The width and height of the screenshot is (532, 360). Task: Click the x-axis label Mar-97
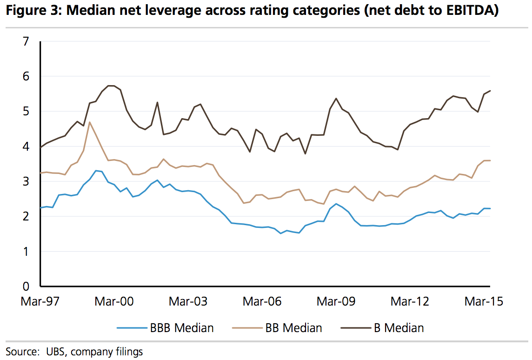click(x=40, y=301)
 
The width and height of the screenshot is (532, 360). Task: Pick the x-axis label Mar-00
click(x=114, y=301)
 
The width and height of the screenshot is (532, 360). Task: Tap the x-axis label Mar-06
click(x=262, y=301)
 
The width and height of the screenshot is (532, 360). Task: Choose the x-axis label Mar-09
click(x=336, y=301)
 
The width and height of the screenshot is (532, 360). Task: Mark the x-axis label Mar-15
click(x=484, y=301)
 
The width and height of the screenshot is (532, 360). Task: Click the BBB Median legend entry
click(x=181, y=328)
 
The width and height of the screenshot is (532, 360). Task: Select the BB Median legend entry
click(x=293, y=328)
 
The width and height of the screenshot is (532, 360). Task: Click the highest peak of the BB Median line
click(x=89, y=122)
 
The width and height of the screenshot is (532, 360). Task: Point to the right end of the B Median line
click(x=491, y=91)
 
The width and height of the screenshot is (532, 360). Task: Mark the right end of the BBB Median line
click(x=491, y=208)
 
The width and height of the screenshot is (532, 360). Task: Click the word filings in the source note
click(x=126, y=351)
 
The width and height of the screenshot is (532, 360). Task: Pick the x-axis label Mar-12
click(x=410, y=301)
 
